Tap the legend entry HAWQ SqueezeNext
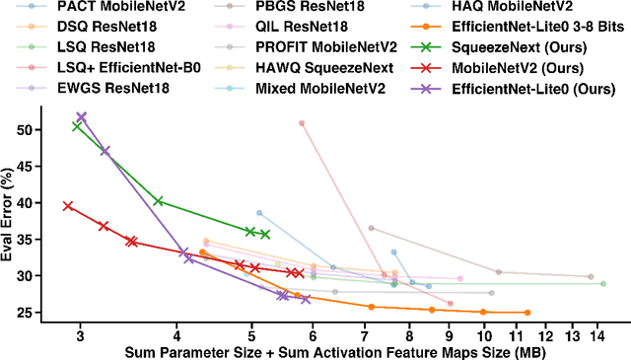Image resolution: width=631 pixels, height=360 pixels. [x=310, y=67]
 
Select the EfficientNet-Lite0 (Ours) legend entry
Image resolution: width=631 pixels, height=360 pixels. [x=536, y=88]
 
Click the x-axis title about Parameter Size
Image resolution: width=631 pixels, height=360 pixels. [x=335, y=352]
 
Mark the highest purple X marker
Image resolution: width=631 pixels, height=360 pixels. [x=81, y=116]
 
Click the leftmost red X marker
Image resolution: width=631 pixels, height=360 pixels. [x=68, y=206]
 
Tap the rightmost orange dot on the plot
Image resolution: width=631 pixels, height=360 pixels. [x=527, y=313]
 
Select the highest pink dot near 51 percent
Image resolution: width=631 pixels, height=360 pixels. [x=302, y=123]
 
